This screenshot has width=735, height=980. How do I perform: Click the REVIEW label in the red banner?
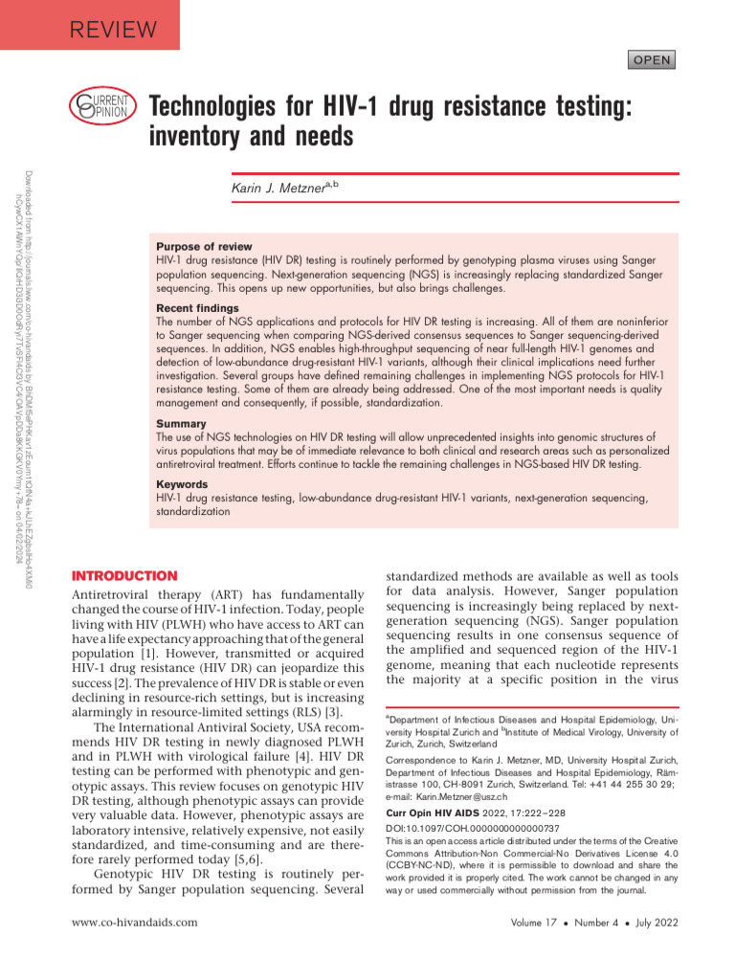[113, 30]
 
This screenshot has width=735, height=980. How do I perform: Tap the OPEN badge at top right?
[651, 60]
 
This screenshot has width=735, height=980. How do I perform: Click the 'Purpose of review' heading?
[204, 247]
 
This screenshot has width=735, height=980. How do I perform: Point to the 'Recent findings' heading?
[197, 309]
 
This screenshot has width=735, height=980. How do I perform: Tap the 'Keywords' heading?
[182, 485]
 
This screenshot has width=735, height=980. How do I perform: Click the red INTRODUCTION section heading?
[125, 576]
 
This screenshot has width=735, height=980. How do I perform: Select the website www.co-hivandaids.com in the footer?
[135, 922]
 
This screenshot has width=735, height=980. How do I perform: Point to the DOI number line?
[472, 827]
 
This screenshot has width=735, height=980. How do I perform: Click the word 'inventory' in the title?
[199, 138]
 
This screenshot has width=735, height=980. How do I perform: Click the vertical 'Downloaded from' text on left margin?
[26, 364]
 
